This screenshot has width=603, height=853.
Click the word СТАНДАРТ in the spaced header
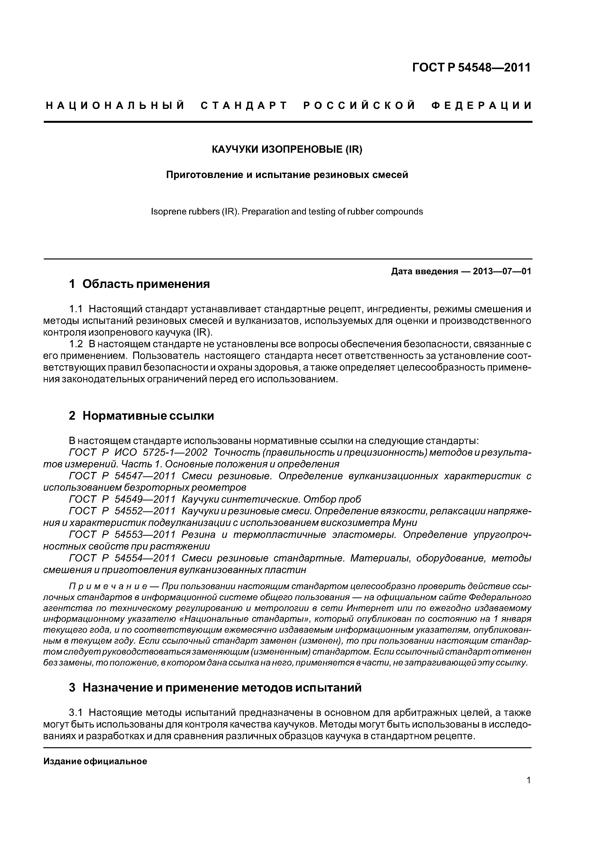pos(244,106)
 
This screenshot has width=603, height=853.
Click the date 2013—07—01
pos(502,271)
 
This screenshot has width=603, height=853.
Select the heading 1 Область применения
pos(139,284)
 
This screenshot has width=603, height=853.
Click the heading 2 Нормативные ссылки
pos(141,416)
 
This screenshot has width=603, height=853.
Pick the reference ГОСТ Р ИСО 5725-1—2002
pos(138,453)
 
